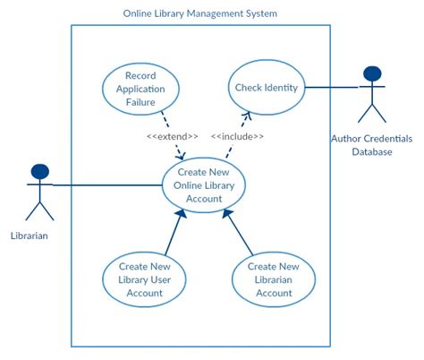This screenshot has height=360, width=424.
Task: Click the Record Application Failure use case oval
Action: click(x=140, y=89)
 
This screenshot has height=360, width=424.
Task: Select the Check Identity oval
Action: click(x=267, y=87)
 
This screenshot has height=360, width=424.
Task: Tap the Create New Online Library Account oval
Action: click(x=204, y=185)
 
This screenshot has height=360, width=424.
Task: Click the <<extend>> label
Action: click(x=173, y=136)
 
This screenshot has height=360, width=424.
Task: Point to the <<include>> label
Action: click(x=237, y=136)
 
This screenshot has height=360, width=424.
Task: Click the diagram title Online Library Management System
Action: click(x=199, y=13)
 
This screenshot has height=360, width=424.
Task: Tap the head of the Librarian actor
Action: click(x=38, y=170)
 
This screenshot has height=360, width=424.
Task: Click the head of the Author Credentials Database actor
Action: click(x=372, y=73)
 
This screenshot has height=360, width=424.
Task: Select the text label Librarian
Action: click(x=30, y=236)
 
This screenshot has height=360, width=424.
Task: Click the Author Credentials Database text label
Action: click(x=372, y=145)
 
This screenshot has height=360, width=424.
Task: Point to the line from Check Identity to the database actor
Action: click(x=331, y=87)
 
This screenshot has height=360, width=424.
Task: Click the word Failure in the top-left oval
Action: click(x=140, y=101)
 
